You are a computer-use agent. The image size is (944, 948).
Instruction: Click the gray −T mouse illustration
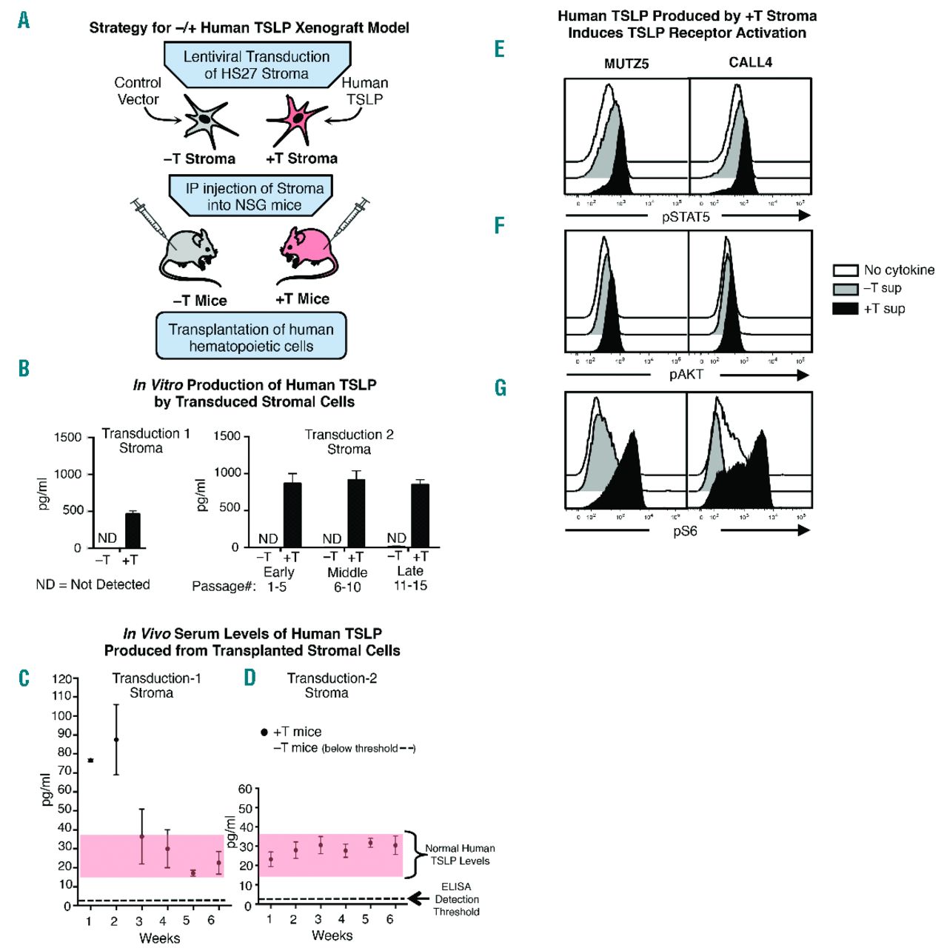189,252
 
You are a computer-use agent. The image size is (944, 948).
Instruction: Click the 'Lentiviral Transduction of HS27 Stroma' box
256,65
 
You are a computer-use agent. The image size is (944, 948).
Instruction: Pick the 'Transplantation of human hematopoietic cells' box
251,338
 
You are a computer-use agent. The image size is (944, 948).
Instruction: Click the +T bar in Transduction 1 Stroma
133,530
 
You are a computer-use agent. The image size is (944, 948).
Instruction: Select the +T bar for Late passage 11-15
421,515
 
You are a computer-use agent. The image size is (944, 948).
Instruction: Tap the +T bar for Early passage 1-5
292,515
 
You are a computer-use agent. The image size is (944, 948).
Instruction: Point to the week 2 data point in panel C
116,740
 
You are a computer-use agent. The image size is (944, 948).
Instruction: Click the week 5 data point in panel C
193,873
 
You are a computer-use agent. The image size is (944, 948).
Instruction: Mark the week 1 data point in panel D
271,860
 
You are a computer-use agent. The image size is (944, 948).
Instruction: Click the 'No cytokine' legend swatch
846,270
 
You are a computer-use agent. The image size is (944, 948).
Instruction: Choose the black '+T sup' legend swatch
846,308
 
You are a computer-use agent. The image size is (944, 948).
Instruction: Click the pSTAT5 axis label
686,217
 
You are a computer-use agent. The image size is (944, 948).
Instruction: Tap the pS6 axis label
685,531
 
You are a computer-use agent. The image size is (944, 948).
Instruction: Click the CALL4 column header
750,62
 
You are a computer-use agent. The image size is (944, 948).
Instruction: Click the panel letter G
501,388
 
